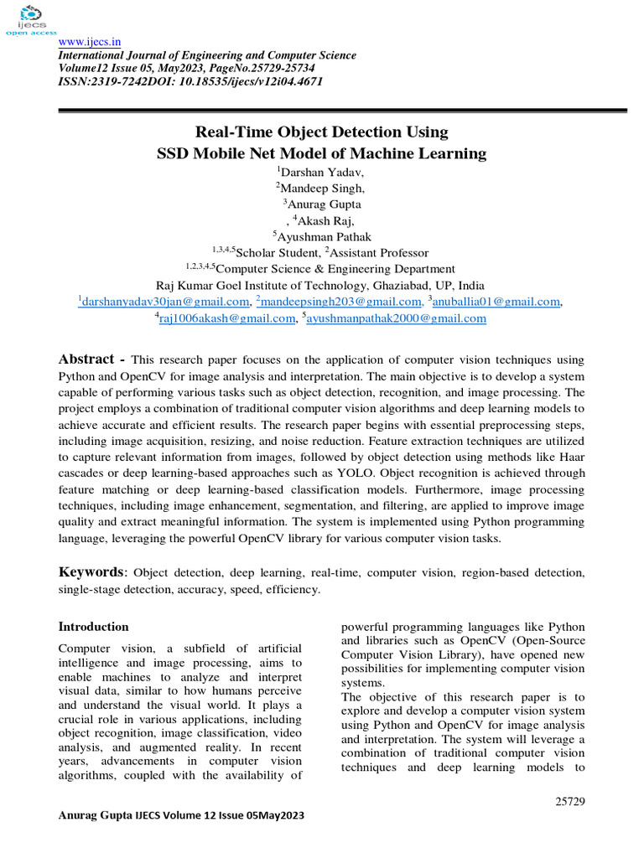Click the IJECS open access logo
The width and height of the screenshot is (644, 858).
[31, 20]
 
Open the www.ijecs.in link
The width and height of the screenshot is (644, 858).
[89, 42]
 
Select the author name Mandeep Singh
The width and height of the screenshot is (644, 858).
[324, 189]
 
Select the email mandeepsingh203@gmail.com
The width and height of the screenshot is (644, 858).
[339, 302]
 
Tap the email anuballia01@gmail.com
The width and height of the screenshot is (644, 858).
[495, 302]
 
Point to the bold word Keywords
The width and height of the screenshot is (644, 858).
[91, 572]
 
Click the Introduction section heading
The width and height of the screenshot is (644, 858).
[93, 627]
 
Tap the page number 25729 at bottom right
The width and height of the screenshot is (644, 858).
[569, 801]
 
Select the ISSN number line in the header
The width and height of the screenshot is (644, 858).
[190, 82]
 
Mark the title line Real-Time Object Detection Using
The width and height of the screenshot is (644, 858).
[322, 132]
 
